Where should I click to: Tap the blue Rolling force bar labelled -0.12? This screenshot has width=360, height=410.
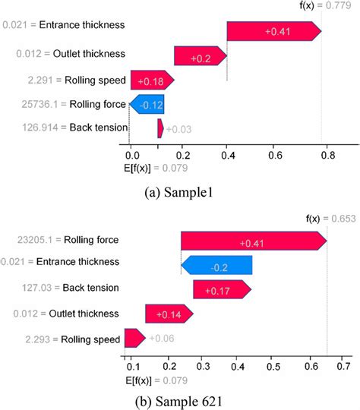147,104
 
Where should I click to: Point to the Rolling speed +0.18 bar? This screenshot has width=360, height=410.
152,80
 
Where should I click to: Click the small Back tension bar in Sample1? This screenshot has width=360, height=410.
159,128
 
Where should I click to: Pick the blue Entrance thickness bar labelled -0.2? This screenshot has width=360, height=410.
217,266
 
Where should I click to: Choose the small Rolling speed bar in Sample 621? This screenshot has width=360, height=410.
134,338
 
